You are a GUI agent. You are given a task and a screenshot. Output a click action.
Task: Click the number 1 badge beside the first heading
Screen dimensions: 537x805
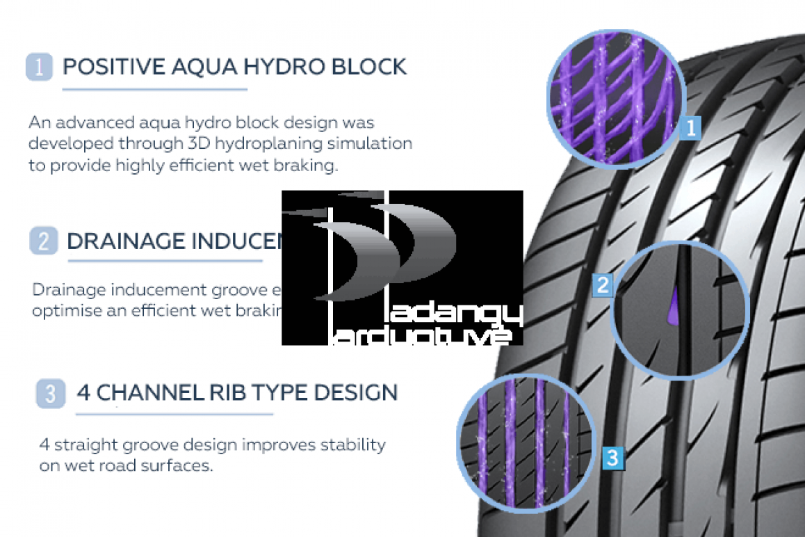tap(38, 67)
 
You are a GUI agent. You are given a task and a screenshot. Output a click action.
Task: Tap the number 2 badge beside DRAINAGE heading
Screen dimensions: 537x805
tap(43, 241)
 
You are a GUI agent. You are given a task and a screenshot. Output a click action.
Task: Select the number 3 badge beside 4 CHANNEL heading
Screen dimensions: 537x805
tap(49, 393)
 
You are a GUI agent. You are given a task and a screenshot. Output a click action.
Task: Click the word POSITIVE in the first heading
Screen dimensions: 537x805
tap(104, 67)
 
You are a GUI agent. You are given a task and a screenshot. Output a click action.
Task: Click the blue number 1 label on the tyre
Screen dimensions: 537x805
tap(690, 127)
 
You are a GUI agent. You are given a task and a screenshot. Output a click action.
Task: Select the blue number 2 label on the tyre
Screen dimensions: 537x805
tap(603, 284)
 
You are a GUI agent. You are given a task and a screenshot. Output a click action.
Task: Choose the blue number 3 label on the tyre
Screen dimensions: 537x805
tap(612, 457)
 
